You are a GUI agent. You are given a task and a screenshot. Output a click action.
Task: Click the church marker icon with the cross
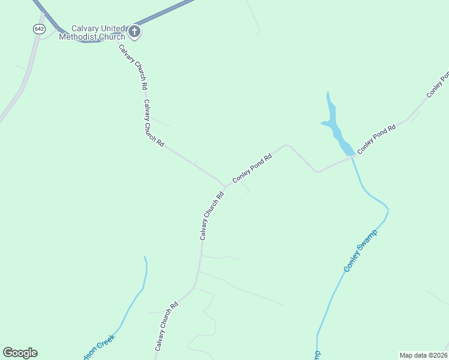[x=134, y=32]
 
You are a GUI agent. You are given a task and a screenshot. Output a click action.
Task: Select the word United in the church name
[x=113, y=28]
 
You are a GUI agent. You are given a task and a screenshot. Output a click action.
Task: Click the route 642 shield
[x=39, y=29]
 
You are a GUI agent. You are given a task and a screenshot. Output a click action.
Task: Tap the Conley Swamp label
[x=360, y=250]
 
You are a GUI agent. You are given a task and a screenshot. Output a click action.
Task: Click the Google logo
[x=20, y=353]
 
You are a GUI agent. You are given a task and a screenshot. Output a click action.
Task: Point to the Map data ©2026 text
[x=423, y=355]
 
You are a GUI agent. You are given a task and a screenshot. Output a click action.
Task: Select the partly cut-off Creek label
[x=97, y=346]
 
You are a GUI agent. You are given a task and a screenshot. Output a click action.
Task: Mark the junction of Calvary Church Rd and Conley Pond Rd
[x=225, y=185]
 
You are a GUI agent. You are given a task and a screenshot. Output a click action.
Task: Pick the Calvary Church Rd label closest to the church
[x=133, y=67]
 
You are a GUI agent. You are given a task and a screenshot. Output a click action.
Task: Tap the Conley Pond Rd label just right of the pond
[x=376, y=139]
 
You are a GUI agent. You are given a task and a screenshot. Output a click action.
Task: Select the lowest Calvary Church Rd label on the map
[x=166, y=326]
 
